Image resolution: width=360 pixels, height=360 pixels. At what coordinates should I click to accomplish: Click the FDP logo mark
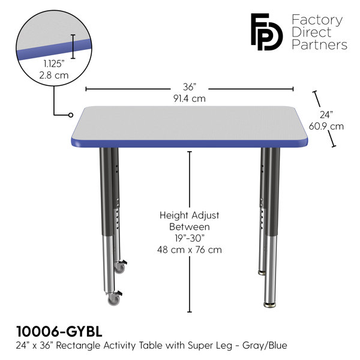[x=266, y=32]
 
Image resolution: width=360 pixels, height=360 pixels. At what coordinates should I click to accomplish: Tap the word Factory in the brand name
[x=317, y=20]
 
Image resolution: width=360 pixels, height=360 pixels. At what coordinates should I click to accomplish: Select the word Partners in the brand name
[x=320, y=44]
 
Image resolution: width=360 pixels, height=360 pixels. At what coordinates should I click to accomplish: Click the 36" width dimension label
[x=190, y=87]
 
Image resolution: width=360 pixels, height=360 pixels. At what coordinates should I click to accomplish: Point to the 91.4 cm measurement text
[x=190, y=98]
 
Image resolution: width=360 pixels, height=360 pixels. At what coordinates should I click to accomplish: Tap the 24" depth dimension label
[x=326, y=115]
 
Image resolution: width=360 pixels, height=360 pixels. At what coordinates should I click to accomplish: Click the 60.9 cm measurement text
[x=326, y=126]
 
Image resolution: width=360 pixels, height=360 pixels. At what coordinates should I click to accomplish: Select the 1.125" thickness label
[x=54, y=64]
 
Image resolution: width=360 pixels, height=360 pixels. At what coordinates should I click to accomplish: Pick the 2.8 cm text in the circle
[x=54, y=76]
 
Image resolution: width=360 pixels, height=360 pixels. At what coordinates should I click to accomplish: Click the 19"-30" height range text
[x=190, y=238]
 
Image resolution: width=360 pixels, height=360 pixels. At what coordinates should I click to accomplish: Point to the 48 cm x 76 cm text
[x=190, y=250]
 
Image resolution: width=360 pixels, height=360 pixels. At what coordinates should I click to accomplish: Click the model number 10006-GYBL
[x=59, y=332]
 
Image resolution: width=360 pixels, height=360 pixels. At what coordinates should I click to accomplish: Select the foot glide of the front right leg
[x=270, y=305]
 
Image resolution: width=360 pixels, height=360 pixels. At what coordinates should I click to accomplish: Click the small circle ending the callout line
[x=71, y=115]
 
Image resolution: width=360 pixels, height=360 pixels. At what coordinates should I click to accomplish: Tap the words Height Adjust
[x=190, y=215]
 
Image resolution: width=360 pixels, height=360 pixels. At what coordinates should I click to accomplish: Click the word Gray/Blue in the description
[x=265, y=346]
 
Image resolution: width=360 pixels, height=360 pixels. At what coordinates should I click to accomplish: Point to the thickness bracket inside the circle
[x=73, y=46]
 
